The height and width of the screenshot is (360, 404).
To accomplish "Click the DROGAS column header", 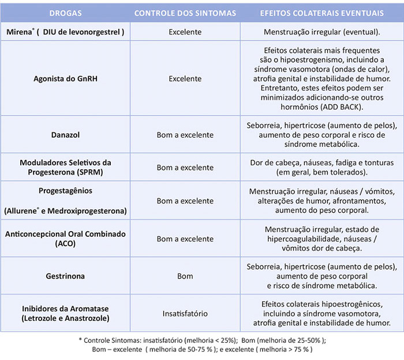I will click(65, 12).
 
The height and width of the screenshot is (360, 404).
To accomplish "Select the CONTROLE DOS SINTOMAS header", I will click(186, 12).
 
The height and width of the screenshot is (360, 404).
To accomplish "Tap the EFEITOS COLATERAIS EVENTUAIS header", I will click(321, 12).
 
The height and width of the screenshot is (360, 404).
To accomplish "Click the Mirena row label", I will click(65, 32).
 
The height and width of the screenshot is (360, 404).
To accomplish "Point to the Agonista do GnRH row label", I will click(65, 79).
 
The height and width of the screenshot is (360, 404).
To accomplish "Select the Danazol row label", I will click(65, 135).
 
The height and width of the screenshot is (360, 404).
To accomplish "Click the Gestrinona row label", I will click(65, 276).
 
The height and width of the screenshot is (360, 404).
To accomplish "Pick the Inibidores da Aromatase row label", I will click(65, 313).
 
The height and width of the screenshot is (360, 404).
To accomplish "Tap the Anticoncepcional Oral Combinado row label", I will click(65, 239).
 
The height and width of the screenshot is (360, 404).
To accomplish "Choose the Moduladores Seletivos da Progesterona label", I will click(65, 168).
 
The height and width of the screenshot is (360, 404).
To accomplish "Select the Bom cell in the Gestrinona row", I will click(185, 276).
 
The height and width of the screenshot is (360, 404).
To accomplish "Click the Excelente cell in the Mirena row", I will click(185, 32).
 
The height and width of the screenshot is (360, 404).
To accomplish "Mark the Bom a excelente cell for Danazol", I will click(185, 135).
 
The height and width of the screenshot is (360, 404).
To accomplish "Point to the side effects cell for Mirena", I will click(321, 32).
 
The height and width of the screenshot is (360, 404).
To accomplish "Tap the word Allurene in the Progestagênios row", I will click(23, 211).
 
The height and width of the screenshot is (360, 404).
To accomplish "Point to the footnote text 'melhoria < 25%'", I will click(203, 340).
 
